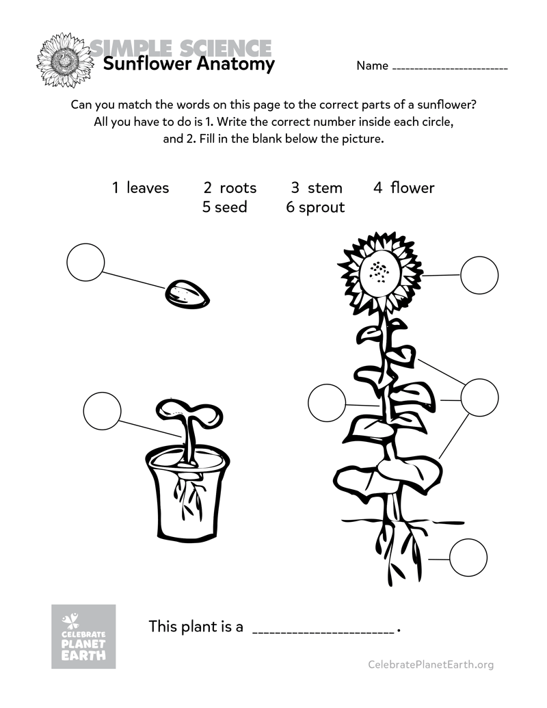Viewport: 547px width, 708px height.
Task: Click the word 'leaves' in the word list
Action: pyautogui.click(x=147, y=187)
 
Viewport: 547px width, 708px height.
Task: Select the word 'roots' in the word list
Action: pyautogui.click(x=238, y=187)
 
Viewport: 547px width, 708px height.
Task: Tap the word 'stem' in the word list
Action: pyautogui.click(x=324, y=187)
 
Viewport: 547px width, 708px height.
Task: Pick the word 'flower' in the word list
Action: pyautogui.click(x=412, y=187)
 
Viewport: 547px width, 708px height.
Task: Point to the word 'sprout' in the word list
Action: pyautogui.click(x=321, y=207)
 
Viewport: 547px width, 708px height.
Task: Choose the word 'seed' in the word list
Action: pyautogui.click(x=230, y=207)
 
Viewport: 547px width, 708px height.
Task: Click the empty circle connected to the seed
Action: pyautogui.click(x=85, y=262)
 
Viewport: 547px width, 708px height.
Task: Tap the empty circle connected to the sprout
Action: pyautogui.click(x=102, y=411)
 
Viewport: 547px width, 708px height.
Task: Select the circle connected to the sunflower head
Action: pyautogui.click(x=479, y=275)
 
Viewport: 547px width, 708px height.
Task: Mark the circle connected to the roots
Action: pyautogui.click(x=468, y=558)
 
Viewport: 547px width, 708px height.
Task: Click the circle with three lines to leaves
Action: pyautogui.click(x=479, y=397)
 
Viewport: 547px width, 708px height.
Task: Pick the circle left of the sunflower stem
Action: pyautogui.click(x=327, y=403)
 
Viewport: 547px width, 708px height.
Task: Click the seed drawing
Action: pyautogui.click(x=187, y=294)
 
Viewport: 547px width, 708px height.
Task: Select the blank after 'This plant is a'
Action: pyautogui.click(x=323, y=628)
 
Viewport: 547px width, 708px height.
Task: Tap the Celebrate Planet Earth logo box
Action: pyautogui.click(x=83, y=636)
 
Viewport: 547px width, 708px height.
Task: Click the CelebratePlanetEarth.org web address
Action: pyautogui.click(x=430, y=664)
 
